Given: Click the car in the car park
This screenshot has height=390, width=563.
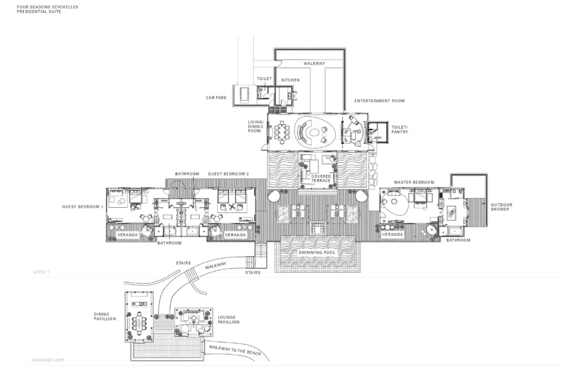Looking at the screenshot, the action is click(x=244, y=94).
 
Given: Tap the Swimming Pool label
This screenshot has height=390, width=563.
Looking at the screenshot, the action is click(x=317, y=253).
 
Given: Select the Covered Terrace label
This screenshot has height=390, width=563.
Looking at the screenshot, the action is click(x=321, y=178).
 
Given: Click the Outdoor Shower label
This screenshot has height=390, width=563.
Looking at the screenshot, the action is click(x=501, y=207).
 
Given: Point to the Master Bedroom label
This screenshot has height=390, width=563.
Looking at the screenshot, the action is click(x=414, y=182).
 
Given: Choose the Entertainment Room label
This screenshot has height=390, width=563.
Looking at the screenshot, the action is click(x=379, y=101).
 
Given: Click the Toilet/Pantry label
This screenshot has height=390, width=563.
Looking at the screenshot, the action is click(x=400, y=129).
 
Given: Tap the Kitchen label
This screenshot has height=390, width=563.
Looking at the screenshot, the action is click(x=290, y=80).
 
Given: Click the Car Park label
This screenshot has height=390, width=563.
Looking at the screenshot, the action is click(x=216, y=98).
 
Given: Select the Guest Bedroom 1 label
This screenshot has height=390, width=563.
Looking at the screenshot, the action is click(x=82, y=207).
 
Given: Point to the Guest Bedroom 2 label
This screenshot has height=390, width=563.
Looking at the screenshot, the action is click(x=229, y=174).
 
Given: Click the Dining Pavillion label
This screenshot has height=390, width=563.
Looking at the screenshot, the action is click(x=105, y=316).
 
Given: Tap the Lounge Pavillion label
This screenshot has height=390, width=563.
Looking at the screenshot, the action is click(x=229, y=320).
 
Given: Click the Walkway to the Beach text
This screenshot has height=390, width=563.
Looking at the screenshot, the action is click(x=235, y=350).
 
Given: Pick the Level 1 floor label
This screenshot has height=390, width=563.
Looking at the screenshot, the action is click(x=41, y=272).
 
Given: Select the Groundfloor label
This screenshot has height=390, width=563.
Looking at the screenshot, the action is click(x=48, y=360).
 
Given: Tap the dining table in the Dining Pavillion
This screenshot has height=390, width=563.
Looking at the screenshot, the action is click(x=139, y=322).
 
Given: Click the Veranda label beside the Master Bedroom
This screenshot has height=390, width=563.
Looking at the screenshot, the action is click(x=393, y=235).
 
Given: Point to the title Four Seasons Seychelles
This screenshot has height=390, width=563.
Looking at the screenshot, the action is click(x=47, y=7).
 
